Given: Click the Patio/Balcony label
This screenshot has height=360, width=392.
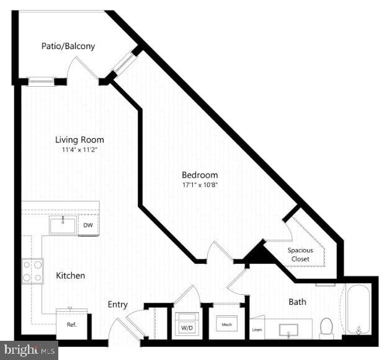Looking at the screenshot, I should click(68, 46).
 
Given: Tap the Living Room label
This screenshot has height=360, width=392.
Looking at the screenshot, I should click(79, 139).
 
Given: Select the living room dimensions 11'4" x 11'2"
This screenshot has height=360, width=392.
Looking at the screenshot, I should click(79, 150).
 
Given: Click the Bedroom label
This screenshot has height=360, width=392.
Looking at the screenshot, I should click(200, 174).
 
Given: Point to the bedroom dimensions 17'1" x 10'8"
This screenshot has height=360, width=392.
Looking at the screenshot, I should click(200, 184).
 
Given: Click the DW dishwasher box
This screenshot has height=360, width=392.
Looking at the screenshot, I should click(89, 226).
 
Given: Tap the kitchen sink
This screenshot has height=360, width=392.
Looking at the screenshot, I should click(63, 226).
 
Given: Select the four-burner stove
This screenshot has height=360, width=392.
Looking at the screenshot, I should click(32, 270).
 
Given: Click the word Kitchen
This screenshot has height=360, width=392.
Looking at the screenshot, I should click(71, 275).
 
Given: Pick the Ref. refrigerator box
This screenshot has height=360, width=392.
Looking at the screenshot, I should click(71, 323).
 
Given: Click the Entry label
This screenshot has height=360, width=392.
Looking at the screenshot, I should click(118, 304).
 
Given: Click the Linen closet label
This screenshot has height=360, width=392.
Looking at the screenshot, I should click(257, 330).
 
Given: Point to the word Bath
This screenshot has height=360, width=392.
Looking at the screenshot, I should click(298, 302).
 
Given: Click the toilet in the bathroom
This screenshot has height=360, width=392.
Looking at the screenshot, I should click(326, 328).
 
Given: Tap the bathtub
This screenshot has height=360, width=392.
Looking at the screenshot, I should click(359, 309).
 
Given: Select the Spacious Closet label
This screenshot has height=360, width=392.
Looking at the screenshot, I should click(300, 254).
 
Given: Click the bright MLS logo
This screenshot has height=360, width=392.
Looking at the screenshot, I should click(29, 350).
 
